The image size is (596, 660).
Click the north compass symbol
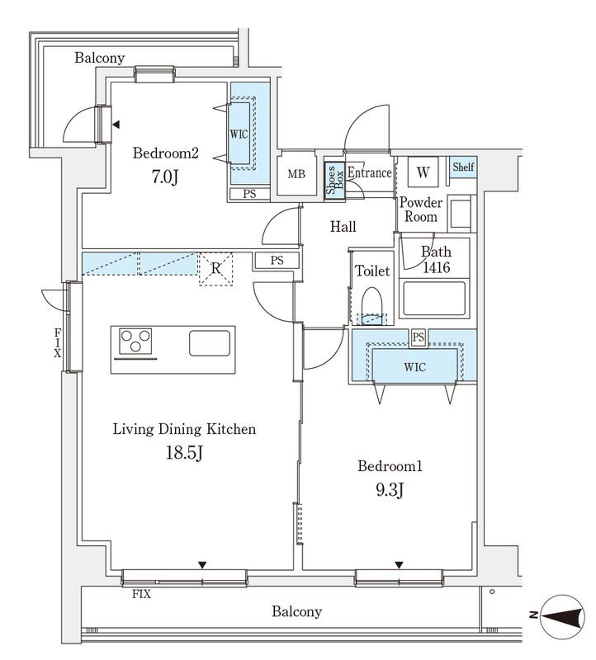click(562, 616)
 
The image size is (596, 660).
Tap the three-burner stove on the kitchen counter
click(135, 341)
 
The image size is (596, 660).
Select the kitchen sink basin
click(210, 343)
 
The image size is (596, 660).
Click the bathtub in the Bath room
click(434, 299)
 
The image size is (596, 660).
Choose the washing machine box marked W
click(423, 172)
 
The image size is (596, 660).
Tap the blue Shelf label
click(463, 167)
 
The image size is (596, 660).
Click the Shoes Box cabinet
click(335, 180)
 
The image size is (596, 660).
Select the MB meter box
click(296, 173)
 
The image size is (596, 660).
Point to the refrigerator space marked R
click(215, 269)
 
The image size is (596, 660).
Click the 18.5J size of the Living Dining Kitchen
click(184, 453)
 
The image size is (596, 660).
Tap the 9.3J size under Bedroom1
click(390, 490)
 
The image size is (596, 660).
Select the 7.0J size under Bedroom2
click(165, 177)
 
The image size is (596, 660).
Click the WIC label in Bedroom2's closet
click(239, 134)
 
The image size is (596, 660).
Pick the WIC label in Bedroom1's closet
click(415, 367)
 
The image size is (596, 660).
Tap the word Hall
click(343, 227)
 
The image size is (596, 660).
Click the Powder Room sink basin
click(461, 214)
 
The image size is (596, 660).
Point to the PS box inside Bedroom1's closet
click(419, 337)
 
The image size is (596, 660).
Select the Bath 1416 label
click(437, 259)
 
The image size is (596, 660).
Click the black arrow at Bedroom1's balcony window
click(399, 565)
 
